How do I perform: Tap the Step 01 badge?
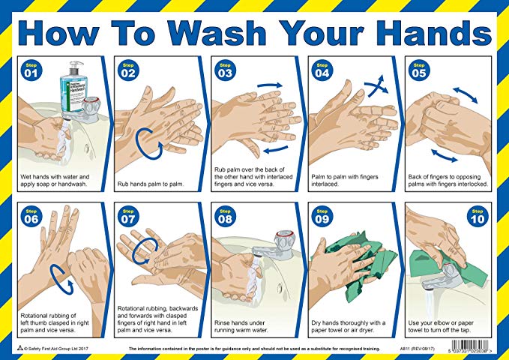[x=30, y=70]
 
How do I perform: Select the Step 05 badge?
[x=418, y=70]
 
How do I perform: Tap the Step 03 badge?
[x=223, y=70]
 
